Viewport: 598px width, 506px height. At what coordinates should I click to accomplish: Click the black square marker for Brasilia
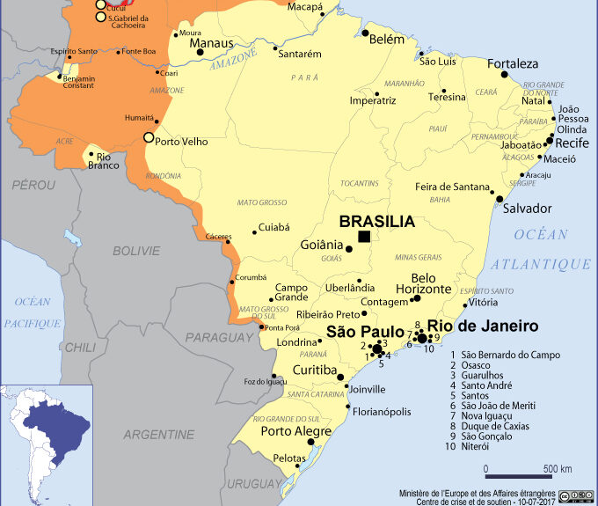(x=364, y=237)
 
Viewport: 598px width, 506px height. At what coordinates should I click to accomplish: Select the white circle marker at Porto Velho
(x=149, y=136)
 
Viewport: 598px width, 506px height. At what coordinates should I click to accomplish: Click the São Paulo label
(x=364, y=331)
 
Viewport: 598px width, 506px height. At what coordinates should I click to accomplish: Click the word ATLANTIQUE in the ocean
(x=541, y=264)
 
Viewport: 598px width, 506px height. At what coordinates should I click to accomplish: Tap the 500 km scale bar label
(x=557, y=467)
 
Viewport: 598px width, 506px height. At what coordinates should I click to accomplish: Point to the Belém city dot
(x=364, y=33)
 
